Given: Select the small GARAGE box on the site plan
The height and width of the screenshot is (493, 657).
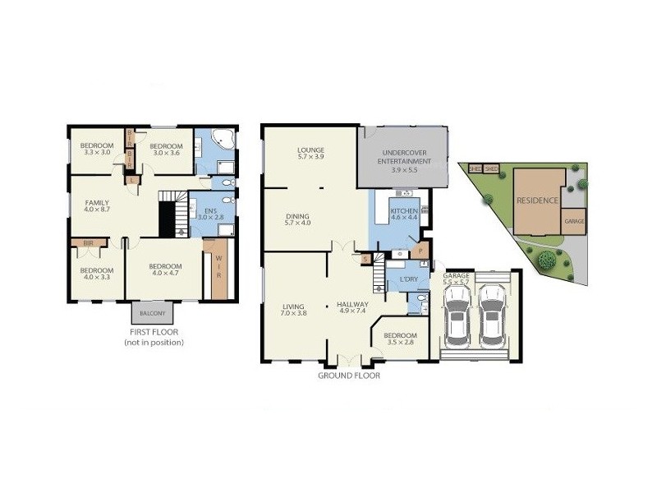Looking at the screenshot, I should click(x=574, y=222).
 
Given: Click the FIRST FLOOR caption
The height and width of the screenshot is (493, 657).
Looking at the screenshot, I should click(x=154, y=333).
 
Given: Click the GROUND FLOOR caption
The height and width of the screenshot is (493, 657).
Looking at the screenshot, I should click(x=349, y=376).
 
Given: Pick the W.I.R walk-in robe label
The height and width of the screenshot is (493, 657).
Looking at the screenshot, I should click(x=218, y=268).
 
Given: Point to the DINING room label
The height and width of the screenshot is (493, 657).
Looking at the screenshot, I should click(x=299, y=219).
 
